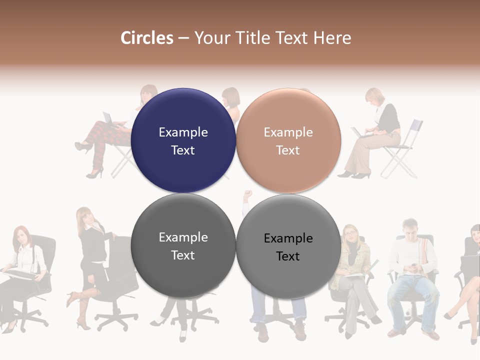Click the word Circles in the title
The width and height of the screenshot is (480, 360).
(146, 38)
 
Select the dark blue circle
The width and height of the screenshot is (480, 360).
(183, 140)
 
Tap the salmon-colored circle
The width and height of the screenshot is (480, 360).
(288, 140)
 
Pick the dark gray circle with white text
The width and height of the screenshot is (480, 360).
(183, 246)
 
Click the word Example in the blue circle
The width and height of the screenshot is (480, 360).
(183, 132)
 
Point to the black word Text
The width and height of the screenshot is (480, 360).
(288, 256)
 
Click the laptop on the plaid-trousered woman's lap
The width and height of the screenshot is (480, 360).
(108, 119)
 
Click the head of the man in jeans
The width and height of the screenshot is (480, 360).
(410, 228)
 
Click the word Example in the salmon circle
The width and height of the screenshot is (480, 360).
(288, 132)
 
